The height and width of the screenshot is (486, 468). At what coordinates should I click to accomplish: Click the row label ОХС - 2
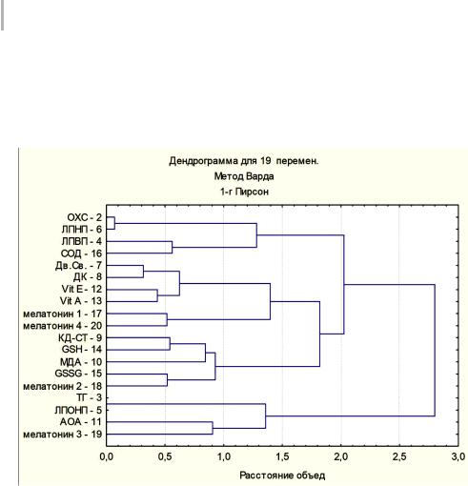pyautogui.click(x=85, y=217)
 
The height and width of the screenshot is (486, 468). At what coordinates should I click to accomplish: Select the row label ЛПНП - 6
pyautogui.click(x=82, y=230)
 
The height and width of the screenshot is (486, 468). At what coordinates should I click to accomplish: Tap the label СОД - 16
pyautogui.click(x=81, y=253)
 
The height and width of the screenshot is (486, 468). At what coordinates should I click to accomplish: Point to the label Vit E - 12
pyautogui.click(x=82, y=289)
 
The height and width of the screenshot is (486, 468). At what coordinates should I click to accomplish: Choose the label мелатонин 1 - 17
pyautogui.click(x=63, y=314)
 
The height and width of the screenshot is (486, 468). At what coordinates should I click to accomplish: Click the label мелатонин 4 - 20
pyautogui.click(x=63, y=326)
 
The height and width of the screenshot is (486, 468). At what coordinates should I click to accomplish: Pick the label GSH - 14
pyautogui.click(x=82, y=350)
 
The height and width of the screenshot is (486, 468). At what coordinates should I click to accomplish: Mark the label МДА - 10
pyautogui.click(x=81, y=362)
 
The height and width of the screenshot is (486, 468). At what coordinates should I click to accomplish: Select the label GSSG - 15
pyautogui.click(x=78, y=374)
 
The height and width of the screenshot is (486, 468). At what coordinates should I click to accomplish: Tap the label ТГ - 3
pyautogui.click(x=90, y=397)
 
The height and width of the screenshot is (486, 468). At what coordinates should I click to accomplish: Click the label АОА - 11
pyautogui.click(x=81, y=422)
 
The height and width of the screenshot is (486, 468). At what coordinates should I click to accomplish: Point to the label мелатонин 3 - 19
pyautogui.click(x=63, y=435)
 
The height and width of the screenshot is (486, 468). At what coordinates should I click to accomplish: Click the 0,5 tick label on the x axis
pyautogui.click(x=165, y=456)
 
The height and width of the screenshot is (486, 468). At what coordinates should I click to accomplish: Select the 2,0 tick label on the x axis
pyautogui.click(x=341, y=456)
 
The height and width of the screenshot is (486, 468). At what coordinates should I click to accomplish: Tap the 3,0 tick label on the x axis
pyautogui.click(x=458, y=456)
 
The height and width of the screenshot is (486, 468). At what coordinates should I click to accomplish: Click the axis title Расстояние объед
pyautogui.click(x=282, y=476)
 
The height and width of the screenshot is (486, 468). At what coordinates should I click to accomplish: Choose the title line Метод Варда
pyautogui.click(x=244, y=176)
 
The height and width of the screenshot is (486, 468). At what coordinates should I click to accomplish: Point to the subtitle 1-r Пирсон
pyautogui.click(x=244, y=192)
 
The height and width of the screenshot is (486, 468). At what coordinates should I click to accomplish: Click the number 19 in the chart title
pyautogui.click(x=266, y=161)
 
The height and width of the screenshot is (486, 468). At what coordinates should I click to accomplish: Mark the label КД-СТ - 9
pyautogui.click(x=80, y=337)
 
